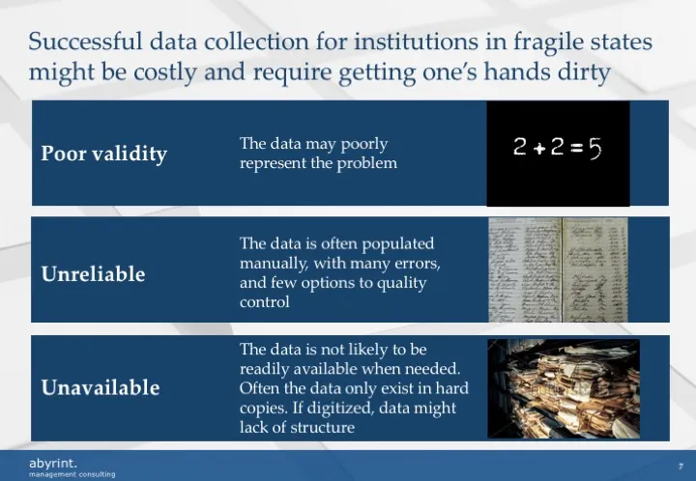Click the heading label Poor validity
103,154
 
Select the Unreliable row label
93,274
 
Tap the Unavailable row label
100,387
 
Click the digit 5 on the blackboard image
594,148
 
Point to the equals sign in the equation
576,149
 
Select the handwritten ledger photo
559,269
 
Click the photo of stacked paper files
563,388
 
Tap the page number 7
681,465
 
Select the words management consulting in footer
72,474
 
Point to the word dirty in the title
582,72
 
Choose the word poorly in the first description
363,144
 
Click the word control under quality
264,301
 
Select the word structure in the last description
321,428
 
